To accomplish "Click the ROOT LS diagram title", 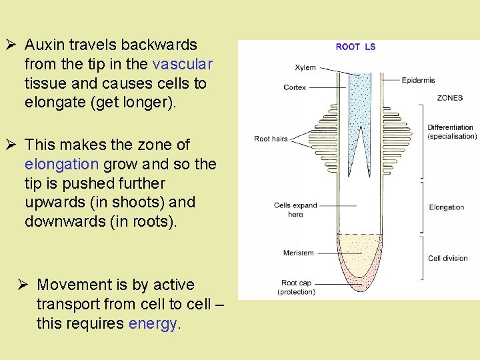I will (x=355, y=47).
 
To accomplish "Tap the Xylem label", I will (x=305, y=67).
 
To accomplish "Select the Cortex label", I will (x=295, y=87).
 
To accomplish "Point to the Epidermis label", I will (x=418, y=80).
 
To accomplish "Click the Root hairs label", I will (x=271, y=139).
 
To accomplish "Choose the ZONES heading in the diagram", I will (x=449, y=98).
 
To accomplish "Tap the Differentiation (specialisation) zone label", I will (x=451, y=131).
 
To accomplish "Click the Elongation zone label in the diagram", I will (x=446, y=207).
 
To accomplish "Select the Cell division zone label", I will (x=447, y=258).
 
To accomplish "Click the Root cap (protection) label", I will (x=297, y=287).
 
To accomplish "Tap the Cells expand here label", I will (x=295, y=209).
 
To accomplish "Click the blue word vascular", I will (x=182, y=64).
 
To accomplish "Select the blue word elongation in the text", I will (x=61, y=164).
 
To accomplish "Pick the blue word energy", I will (x=152, y=323).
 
